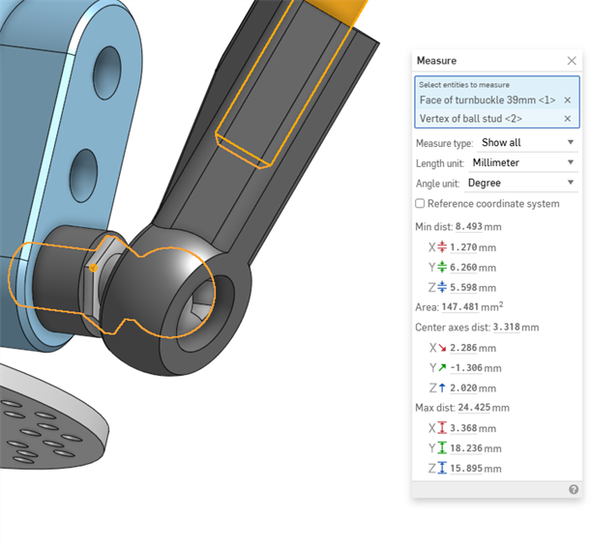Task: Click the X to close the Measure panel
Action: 572,60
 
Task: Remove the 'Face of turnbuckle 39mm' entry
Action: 567,100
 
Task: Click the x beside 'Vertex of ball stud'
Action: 567,119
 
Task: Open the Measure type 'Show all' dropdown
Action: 527,143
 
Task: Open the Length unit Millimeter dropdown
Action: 522,162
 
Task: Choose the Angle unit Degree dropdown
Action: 520,183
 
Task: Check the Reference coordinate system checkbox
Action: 420,204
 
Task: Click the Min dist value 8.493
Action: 468,226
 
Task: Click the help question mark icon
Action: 573,490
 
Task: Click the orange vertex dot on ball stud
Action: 92,268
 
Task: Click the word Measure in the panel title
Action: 436,61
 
